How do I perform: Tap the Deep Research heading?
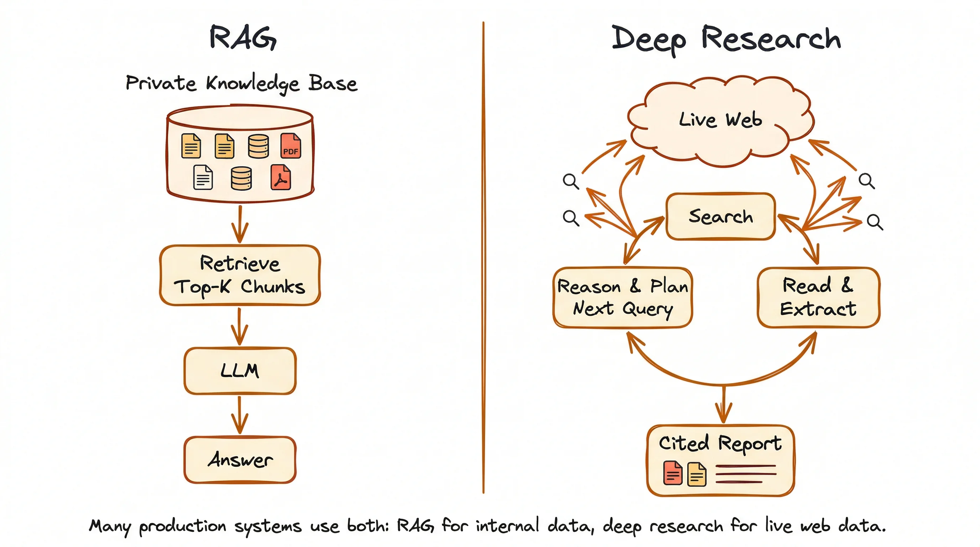726,40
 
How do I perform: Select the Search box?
720,217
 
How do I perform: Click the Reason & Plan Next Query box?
622,297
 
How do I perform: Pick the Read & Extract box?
818,297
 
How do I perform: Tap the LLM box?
240,370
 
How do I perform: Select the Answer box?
240,459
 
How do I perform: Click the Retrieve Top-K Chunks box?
240,275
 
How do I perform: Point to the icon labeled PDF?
290,146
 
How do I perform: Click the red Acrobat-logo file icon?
281,177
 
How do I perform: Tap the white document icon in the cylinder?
203,177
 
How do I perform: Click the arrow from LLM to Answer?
240,415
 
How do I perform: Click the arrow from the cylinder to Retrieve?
240,224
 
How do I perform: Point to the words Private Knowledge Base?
241,83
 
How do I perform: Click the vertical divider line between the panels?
483,259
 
